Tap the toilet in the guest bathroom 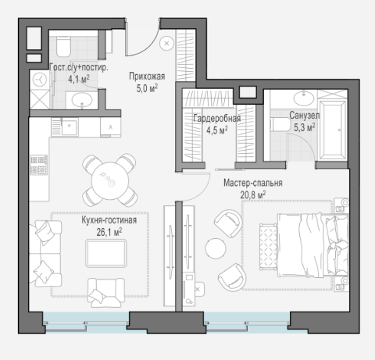63,46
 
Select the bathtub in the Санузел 332,130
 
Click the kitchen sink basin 70,127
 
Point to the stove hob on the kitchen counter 39,165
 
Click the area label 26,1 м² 109,232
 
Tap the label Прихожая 147,77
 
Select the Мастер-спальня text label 253,183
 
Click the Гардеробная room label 217,119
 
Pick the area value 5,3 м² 305,127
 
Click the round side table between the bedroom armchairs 216,248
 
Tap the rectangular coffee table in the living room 106,253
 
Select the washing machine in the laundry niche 40,79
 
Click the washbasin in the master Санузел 304,98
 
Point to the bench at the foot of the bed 268,247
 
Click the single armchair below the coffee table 106,292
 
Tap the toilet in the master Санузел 280,124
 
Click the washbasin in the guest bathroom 82,100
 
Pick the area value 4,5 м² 217,130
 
